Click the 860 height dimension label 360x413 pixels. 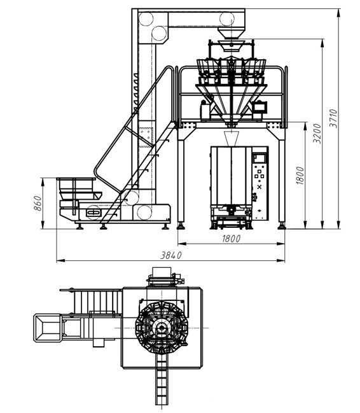pos(38,203)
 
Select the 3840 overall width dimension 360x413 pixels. pos(171,255)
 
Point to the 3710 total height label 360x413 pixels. pos(333,118)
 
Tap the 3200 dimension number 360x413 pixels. pos(317,133)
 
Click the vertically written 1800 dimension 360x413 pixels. pos(300,176)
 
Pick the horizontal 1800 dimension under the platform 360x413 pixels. pos(232,239)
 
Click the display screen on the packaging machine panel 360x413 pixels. pos(259,158)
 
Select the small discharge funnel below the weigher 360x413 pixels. pos(232,138)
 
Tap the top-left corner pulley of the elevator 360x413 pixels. pos(146,18)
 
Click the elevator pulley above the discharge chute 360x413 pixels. pos(226,18)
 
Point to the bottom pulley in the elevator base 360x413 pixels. pos(144,213)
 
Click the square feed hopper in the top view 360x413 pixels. pos(48,328)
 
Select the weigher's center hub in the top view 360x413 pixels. pos(161,328)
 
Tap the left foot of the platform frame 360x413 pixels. pos(181,226)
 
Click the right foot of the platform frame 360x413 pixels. pos(282,226)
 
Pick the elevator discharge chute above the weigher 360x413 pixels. pos(232,33)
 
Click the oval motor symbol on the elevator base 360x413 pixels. pos(93,212)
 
